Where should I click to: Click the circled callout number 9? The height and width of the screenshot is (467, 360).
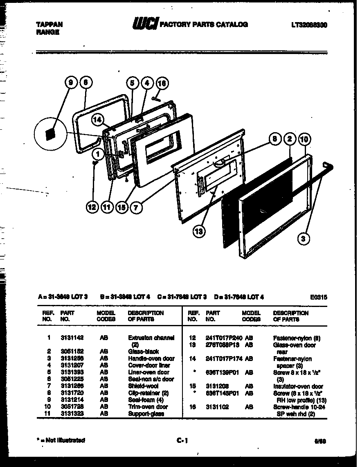[x=71, y=83]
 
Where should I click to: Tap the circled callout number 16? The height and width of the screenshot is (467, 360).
[x=162, y=83]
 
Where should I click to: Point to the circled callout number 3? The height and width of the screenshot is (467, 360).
[x=303, y=239]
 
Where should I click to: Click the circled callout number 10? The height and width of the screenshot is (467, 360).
[x=304, y=140]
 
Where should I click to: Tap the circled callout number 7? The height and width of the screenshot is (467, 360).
[x=136, y=207]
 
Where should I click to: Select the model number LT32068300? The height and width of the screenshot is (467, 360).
[x=309, y=25]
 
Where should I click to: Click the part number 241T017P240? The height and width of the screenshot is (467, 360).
[x=224, y=338]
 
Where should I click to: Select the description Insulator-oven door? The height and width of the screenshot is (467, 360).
[x=298, y=386]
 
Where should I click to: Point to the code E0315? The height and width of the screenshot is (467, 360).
[x=319, y=298]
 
